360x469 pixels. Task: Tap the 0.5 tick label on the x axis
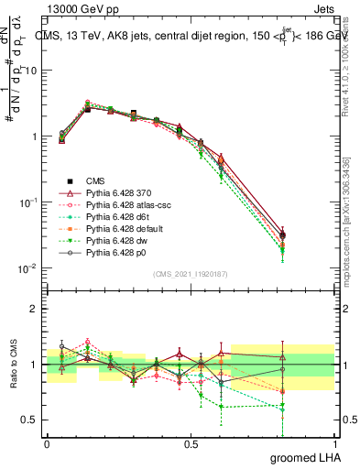pos(191,442)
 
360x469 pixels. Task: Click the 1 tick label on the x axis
pos(334,442)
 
